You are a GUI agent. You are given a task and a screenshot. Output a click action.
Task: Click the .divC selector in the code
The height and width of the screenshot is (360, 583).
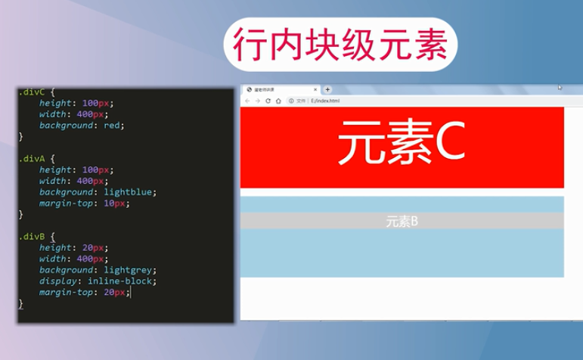coord(33,92)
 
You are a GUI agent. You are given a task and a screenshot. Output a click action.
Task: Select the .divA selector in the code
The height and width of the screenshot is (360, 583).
coord(33,159)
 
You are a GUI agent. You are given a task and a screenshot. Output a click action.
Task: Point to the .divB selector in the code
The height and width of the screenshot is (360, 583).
coord(33,237)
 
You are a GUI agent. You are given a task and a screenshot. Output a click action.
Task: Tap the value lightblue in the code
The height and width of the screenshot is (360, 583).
coord(129,192)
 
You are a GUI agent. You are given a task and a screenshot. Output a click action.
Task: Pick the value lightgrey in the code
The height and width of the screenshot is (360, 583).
coord(129,270)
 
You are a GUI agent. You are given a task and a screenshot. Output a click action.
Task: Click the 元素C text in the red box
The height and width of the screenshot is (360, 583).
coord(401,143)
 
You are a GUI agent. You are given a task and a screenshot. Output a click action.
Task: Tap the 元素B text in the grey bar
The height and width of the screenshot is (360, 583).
coord(402,222)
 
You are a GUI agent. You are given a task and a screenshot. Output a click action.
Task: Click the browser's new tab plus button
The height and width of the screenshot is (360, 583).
coord(327,89)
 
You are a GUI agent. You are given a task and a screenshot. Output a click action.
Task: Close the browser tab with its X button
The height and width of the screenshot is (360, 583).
coord(315,89)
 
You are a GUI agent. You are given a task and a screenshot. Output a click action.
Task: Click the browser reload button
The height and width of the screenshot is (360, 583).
coord(268,101)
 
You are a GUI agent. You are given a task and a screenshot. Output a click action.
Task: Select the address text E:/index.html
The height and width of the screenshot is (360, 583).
coord(325,101)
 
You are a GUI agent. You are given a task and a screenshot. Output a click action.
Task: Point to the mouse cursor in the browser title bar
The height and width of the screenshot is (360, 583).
coord(560,87)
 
